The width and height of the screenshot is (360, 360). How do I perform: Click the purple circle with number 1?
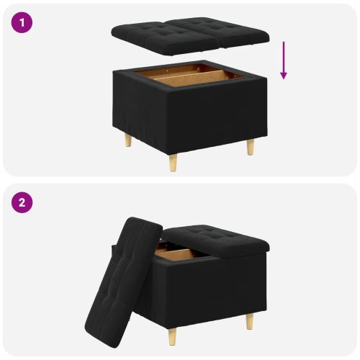click(22, 22)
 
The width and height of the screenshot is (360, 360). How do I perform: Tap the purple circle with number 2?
click(22, 202)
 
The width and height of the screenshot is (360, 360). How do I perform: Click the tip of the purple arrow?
click(284, 78)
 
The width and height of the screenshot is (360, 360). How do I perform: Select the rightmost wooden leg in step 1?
click(250, 145)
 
